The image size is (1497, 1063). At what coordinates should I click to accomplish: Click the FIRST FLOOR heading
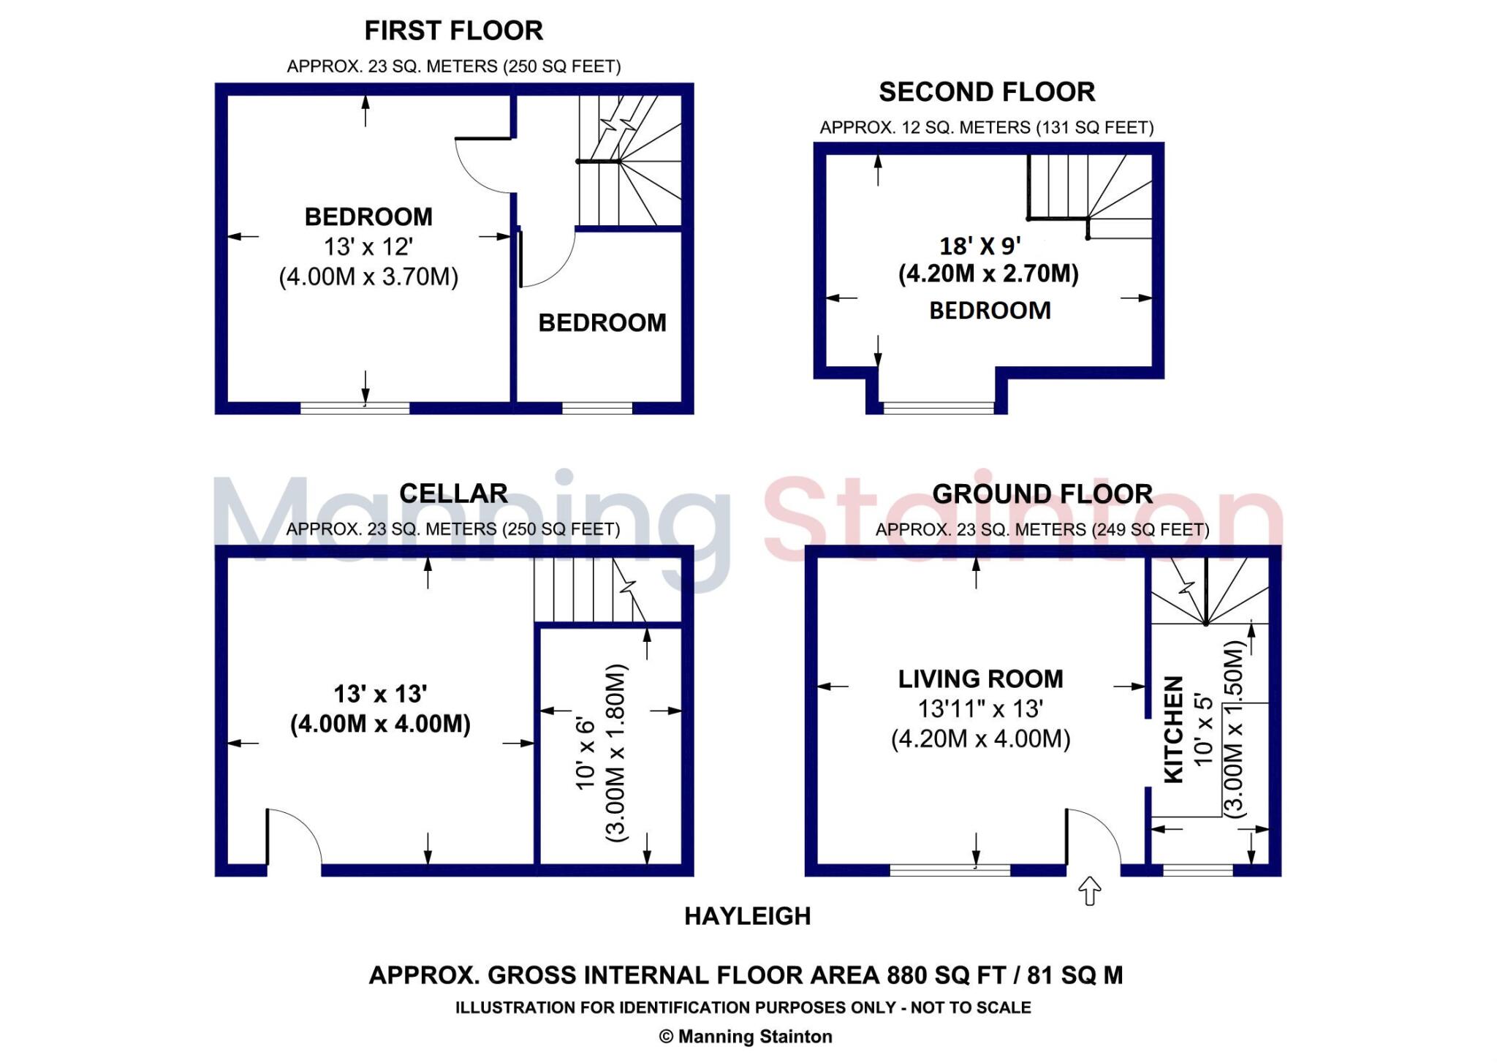point(453,31)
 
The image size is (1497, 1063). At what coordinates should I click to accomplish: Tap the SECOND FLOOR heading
point(986,92)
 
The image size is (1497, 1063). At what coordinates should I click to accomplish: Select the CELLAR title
point(453,493)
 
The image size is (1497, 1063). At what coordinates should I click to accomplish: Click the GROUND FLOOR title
point(1042,494)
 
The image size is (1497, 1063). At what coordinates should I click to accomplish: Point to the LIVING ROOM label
point(980,679)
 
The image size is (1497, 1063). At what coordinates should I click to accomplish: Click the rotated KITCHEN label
point(1172,729)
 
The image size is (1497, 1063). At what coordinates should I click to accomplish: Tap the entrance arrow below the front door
point(1090,890)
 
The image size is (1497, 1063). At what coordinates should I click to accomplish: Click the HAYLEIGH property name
point(747,916)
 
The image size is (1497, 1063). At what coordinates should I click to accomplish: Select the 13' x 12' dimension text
point(368,247)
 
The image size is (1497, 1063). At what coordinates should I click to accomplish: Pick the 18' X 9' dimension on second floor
point(980,246)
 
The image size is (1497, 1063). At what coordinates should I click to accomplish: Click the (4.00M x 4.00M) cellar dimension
point(380,724)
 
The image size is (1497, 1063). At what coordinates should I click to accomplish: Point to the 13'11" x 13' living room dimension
point(980,708)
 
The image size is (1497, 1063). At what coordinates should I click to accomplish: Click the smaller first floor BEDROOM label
point(602,323)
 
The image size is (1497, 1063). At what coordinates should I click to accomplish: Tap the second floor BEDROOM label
point(990,311)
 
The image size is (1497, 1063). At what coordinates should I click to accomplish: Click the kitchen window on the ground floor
point(1197,870)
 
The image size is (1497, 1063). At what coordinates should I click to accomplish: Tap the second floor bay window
point(939,407)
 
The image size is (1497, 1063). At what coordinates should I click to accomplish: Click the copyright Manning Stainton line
point(746,1037)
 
